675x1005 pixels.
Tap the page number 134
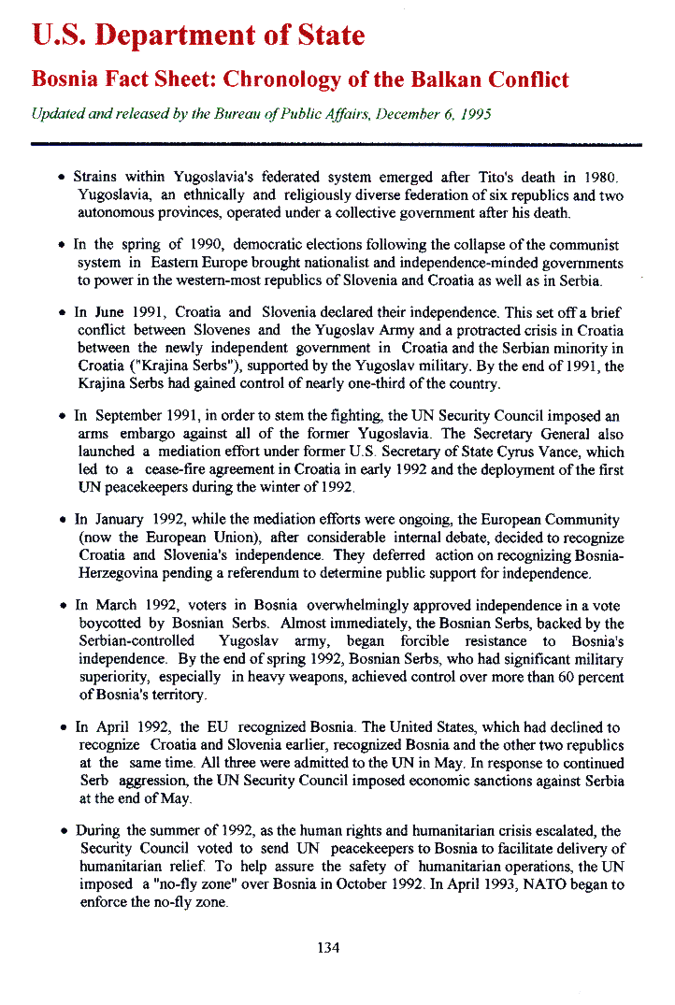click(x=328, y=948)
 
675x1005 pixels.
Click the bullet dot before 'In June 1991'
click(x=61, y=313)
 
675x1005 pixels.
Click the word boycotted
click(x=110, y=624)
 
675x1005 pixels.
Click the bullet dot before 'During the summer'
click(x=61, y=831)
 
